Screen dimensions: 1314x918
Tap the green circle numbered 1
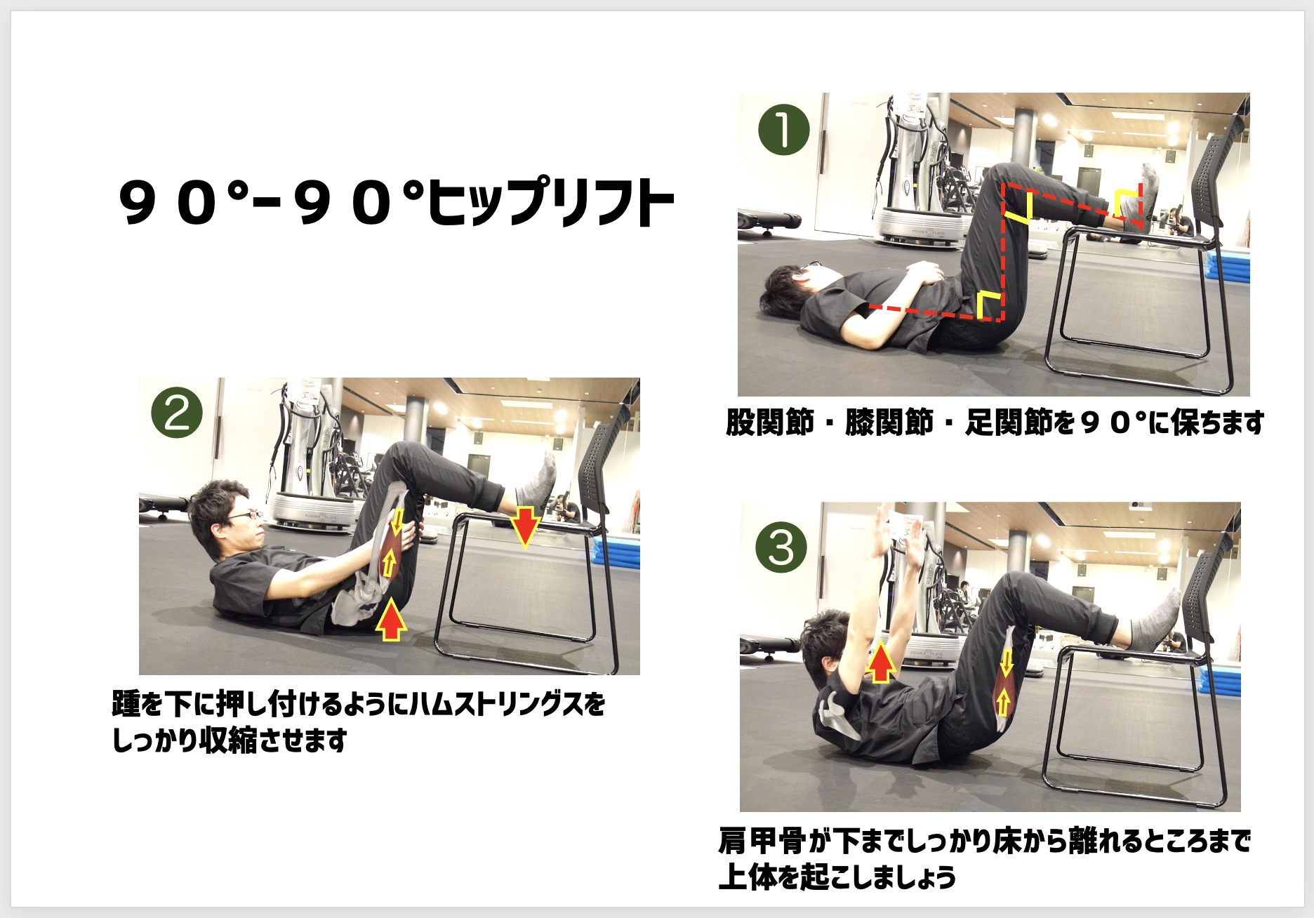click(784, 130)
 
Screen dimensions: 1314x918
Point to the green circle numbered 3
click(781, 548)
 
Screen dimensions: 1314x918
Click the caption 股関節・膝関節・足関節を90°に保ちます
click(995, 423)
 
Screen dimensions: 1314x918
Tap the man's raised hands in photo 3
click(896, 533)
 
